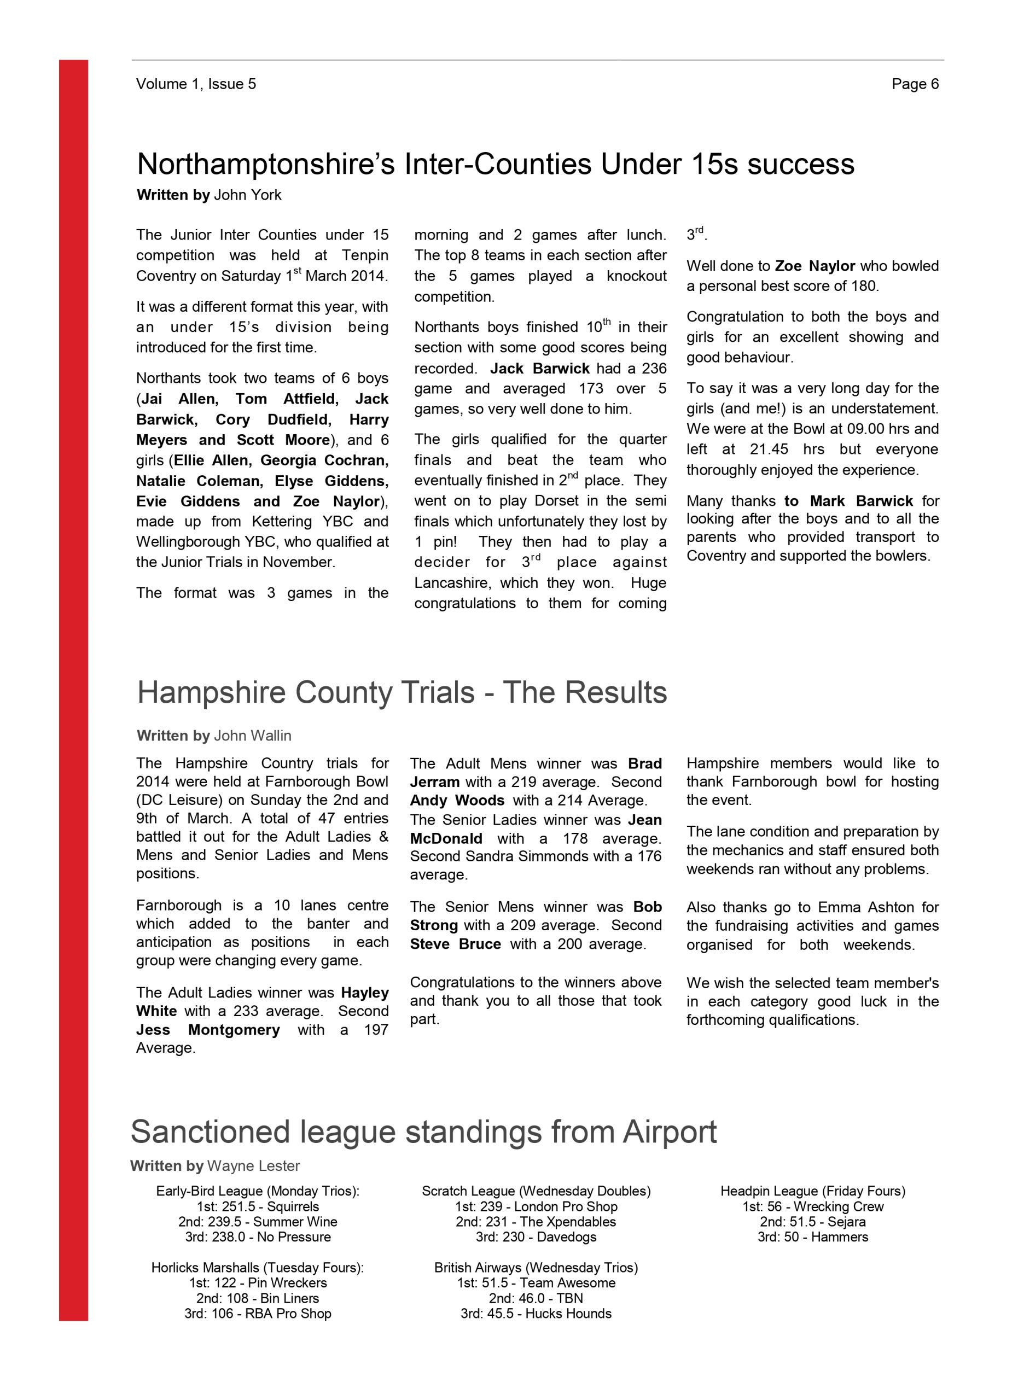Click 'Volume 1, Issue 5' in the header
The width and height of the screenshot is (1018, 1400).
pos(196,84)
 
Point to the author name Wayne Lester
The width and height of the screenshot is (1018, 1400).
pos(253,1165)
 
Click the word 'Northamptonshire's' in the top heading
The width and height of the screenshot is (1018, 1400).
pos(265,164)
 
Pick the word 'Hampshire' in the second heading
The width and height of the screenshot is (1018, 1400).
pos(211,692)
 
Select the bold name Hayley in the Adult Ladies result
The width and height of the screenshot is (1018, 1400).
pos(364,993)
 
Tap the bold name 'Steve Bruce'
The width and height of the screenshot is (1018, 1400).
pos(455,944)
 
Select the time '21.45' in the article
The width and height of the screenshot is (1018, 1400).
pos(769,449)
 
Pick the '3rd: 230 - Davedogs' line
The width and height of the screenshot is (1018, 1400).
pos(536,1236)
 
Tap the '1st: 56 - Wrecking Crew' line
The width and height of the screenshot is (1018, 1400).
pos(812,1206)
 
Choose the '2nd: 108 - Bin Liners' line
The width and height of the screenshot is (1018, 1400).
pos(258,1298)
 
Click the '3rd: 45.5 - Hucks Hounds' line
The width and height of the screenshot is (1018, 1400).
pos(536,1313)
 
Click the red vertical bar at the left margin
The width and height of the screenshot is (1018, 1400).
pos(73,679)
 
